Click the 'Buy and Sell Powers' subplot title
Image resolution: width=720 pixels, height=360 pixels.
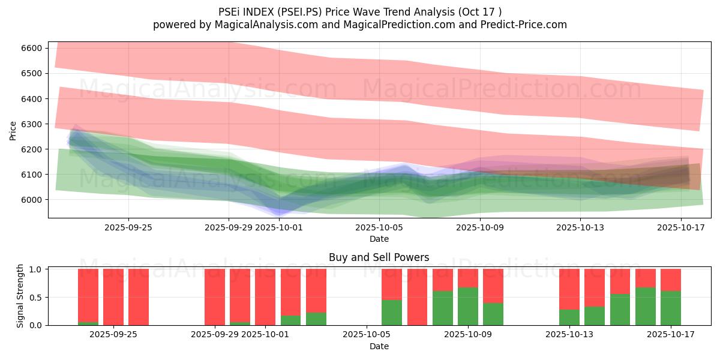379,257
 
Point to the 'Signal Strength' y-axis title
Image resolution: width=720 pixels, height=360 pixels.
20,295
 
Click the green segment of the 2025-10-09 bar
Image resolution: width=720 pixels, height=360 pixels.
468,306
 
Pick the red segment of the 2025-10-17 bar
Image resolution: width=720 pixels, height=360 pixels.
671,280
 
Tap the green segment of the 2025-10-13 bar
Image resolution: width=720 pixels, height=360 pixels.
569,317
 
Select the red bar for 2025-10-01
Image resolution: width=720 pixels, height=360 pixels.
265,296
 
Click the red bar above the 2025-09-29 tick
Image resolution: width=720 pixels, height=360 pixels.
215,296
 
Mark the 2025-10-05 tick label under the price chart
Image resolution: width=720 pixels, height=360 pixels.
379,227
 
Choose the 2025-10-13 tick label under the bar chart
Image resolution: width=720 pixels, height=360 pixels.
569,335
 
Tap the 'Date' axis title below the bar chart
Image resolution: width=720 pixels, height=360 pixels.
379,346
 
